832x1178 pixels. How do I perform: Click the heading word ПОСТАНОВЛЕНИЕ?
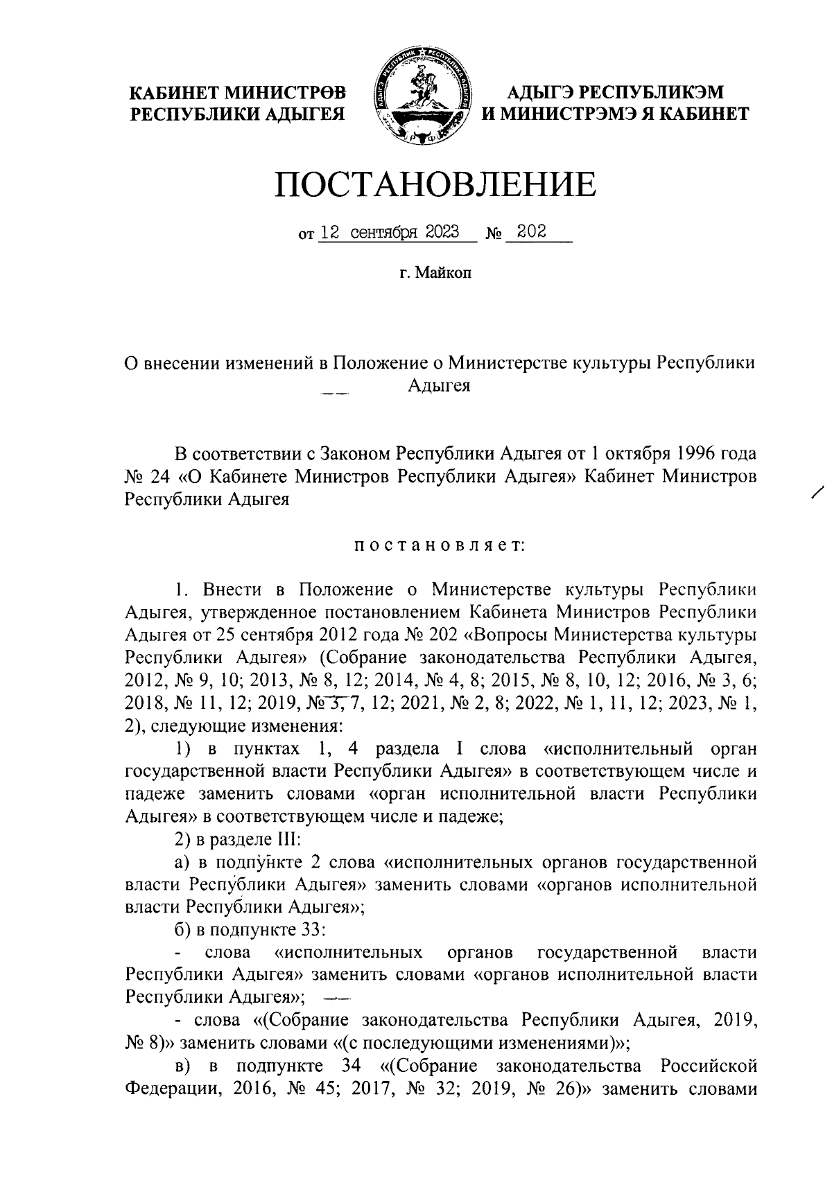(x=436, y=184)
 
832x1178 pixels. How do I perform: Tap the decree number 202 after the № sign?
(x=532, y=232)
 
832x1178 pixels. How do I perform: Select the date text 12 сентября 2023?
(x=390, y=233)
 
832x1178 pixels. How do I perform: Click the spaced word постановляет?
(x=440, y=546)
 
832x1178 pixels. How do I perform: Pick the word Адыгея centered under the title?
(x=439, y=386)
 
